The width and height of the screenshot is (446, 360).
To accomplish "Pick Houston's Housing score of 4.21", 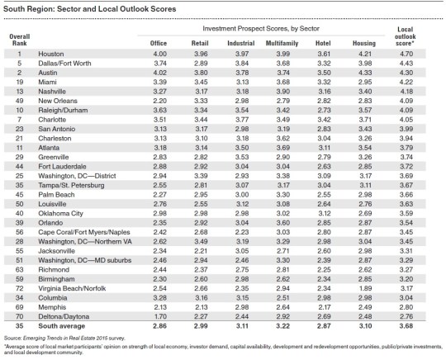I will (374, 54).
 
